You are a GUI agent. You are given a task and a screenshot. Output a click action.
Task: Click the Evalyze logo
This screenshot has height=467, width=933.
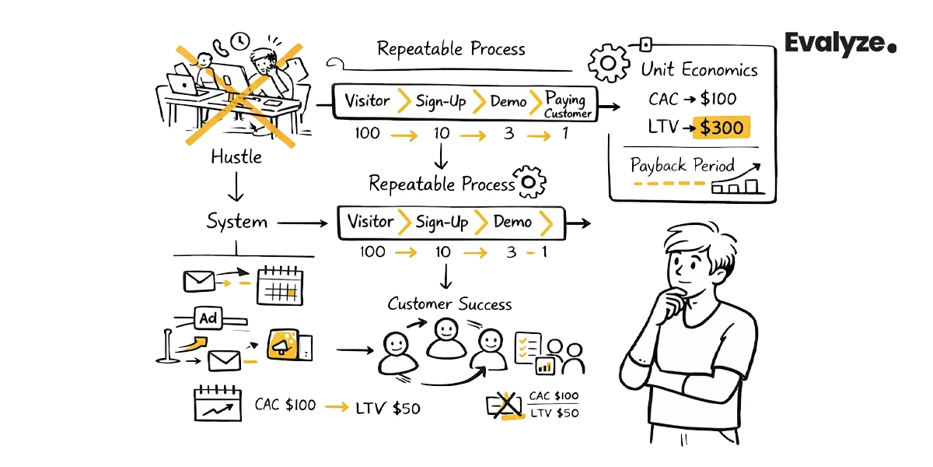click(840, 44)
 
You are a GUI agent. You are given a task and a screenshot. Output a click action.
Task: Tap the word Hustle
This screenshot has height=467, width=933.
click(236, 156)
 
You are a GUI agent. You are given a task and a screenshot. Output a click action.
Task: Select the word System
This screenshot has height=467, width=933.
click(236, 222)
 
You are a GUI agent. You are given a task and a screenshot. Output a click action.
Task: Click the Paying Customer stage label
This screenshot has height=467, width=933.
click(568, 104)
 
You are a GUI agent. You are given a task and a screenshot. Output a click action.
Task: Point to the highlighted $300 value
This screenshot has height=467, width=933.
click(721, 128)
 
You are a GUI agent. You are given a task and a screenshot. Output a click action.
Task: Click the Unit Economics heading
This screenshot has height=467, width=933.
click(699, 70)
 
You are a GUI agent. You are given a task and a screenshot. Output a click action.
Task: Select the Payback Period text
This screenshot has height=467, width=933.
click(682, 166)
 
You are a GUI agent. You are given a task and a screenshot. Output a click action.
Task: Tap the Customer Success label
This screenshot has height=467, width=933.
click(449, 304)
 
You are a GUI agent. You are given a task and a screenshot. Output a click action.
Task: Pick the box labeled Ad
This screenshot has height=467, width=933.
click(208, 318)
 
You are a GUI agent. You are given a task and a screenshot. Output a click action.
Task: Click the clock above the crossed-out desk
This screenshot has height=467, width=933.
click(239, 40)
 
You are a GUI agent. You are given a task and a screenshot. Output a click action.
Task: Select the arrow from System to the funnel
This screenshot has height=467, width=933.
click(302, 223)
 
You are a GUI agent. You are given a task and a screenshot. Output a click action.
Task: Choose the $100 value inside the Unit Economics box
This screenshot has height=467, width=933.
click(718, 99)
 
